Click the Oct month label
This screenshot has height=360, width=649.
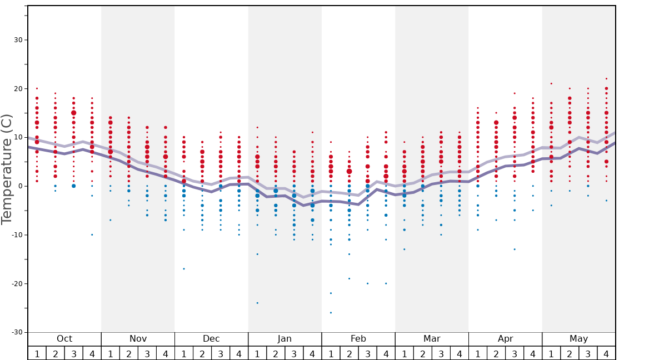point(64,339)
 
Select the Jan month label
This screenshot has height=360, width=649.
point(284,339)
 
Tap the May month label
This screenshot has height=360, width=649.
point(578,339)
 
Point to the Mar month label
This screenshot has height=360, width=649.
point(432,339)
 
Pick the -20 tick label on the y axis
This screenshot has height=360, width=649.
point(17,284)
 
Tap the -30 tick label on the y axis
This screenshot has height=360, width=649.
point(17,333)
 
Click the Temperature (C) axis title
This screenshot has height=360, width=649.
point(7,169)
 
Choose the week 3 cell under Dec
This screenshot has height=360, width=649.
point(221,354)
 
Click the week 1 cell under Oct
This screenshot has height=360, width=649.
point(37,354)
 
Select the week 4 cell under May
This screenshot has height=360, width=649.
point(606,354)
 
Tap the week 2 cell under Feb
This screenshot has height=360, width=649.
point(350,354)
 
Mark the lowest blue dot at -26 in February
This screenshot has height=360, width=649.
point(331,313)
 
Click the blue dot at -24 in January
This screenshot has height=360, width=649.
point(257,303)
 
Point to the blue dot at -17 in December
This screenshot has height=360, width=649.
point(184,269)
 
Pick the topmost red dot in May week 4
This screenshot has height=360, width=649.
point(606,79)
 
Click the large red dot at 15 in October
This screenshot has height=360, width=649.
point(73,113)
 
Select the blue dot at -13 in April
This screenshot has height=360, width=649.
point(515,249)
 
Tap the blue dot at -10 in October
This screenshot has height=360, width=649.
point(92,234)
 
